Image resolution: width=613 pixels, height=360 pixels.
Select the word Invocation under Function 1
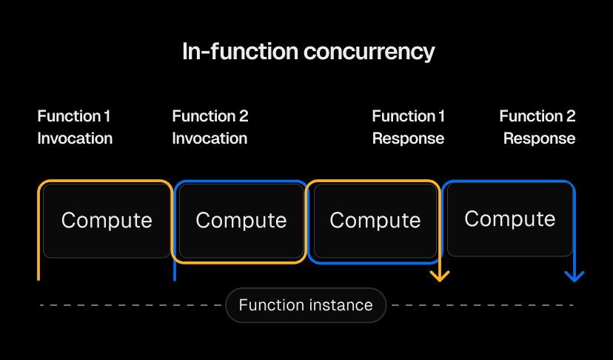75,139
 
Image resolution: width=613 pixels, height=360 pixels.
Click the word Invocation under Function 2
210,139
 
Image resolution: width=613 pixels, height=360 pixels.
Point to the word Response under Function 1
408,139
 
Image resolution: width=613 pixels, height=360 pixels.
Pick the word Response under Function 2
539,139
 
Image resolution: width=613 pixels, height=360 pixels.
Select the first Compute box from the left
107,221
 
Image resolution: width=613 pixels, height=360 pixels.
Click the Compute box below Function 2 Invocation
241,221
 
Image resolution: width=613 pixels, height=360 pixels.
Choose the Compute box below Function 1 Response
375,221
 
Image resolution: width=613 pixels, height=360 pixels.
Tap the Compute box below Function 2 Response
510,219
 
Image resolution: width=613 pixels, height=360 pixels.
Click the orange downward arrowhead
441,276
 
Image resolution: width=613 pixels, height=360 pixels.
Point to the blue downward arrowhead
575,276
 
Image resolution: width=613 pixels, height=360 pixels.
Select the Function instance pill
306,305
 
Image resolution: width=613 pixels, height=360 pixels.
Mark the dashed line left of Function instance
130,305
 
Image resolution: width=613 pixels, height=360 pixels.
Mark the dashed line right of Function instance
481,305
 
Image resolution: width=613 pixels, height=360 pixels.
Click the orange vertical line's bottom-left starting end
38,279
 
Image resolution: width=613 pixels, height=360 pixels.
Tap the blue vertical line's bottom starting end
174,279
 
